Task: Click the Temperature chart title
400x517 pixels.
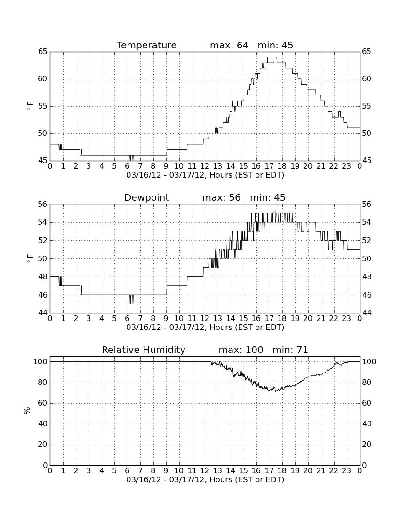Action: coord(146,45)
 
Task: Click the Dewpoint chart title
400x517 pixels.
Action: coord(146,197)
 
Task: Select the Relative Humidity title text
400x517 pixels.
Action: coord(144,350)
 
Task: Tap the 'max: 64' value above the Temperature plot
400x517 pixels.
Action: coord(229,45)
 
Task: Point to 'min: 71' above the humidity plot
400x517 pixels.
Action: coord(290,350)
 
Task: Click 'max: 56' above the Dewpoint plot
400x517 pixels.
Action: coord(222,197)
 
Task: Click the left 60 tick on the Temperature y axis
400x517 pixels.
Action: coord(42,79)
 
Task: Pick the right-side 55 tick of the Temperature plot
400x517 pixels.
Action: coord(367,106)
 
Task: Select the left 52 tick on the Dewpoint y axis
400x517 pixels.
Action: coord(42,240)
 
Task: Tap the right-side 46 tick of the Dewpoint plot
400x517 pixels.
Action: coord(367,295)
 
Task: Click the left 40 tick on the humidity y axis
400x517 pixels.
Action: coord(42,423)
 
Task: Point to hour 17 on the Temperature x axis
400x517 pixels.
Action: coord(269,166)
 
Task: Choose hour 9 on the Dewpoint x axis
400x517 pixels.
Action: coord(166,319)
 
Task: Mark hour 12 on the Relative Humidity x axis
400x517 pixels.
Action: coord(205,471)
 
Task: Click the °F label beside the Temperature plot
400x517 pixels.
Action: coord(30,106)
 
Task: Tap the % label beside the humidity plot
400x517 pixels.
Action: coord(27,411)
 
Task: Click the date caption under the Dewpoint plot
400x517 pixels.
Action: coord(205,328)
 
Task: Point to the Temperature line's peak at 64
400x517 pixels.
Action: coord(275,57)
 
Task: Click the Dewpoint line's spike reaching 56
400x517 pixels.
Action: coord(274,205)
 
